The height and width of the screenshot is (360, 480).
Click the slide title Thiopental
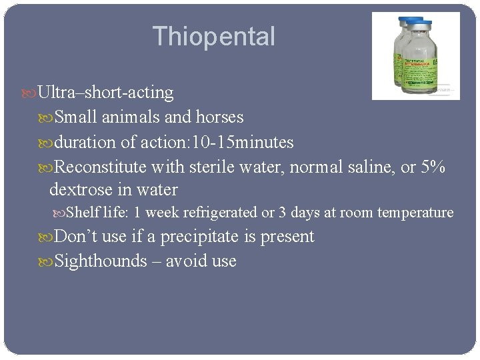pyautogui.click(x=213, y=36)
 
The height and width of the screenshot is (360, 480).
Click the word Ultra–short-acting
pyautogui.click(x=106, y=92)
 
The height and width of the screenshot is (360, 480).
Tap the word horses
pyautogui.click(x=219, y=117)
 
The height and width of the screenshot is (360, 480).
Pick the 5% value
pyautogui.click(x=433, y=167)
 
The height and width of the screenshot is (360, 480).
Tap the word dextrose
pyautogui.click(x=80, y=190)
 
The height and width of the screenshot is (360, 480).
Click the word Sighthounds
pyautogui.click(x=101, y=261)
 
